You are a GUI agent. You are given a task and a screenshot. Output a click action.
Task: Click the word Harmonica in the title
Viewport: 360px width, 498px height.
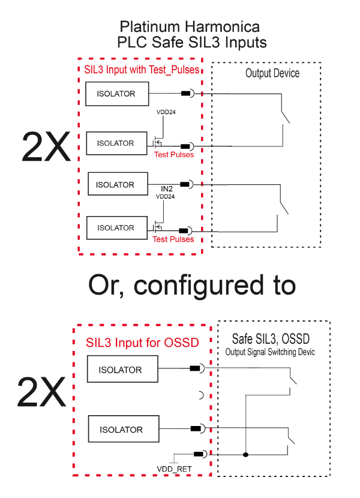pos(222,26)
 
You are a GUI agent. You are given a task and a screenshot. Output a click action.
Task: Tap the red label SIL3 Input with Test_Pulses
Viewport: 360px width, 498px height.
pos(142,70)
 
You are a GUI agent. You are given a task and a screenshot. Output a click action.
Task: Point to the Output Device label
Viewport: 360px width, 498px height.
pos(272,73)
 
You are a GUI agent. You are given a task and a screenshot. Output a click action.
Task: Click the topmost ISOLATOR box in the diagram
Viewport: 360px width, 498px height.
pos(117,94)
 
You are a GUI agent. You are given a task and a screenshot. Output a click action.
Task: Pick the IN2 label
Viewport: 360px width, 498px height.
pos(166,189)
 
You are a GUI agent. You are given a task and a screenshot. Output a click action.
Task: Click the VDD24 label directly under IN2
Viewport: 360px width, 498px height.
pos(165,197)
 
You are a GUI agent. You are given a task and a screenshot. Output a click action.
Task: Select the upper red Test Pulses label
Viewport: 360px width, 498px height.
pos(174,155)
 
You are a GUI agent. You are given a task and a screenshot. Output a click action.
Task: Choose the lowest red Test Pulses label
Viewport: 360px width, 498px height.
pos(173,239)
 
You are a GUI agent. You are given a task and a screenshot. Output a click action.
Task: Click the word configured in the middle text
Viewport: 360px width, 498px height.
pos(199,286)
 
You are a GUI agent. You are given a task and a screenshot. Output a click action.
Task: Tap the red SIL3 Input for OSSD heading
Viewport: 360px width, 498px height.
pos(142,343)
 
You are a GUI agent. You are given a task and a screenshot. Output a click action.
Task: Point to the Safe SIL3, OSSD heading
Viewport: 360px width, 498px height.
pos(271,339)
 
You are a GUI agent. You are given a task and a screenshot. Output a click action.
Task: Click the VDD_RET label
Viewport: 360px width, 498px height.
pos(174,469)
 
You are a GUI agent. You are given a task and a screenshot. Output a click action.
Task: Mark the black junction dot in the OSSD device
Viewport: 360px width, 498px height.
pos(245,454)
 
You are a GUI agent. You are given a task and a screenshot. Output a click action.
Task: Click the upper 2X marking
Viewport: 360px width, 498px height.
pos(46,147)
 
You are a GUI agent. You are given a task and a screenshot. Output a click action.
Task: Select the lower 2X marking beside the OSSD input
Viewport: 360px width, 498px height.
pos(41,392)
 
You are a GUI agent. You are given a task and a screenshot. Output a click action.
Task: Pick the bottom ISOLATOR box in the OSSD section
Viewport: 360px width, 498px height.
pos(124,429)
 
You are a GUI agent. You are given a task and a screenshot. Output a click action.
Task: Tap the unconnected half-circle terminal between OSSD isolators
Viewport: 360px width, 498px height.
pos(202,395)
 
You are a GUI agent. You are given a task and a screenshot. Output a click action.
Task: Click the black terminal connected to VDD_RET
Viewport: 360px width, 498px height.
pos(199,454)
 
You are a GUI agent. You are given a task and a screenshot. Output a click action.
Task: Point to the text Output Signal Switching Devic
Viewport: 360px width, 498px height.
pos(270,352)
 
